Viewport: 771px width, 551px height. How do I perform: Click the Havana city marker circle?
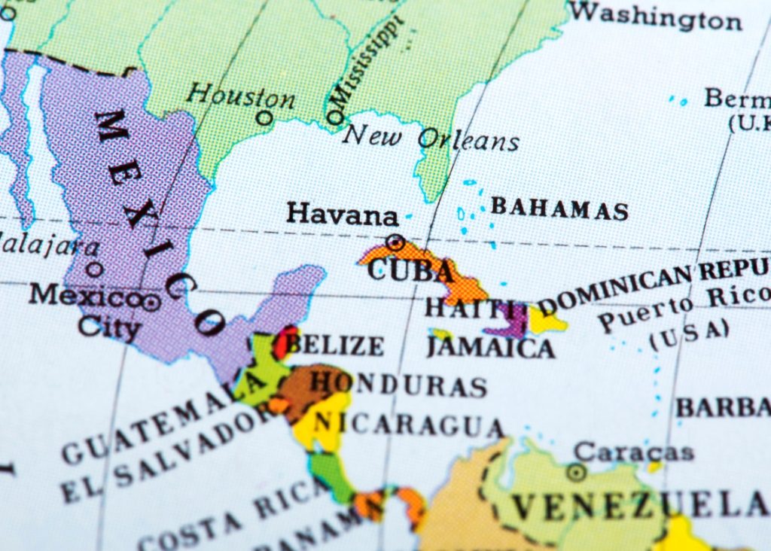click(x=395, y=242)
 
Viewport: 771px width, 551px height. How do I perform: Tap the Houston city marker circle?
click(x=264, y=117)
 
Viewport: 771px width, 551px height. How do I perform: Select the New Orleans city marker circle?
click(x=334, y=117)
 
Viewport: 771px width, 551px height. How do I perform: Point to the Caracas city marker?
click(x=577, y=472)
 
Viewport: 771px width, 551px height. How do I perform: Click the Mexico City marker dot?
click(x=151, y=303)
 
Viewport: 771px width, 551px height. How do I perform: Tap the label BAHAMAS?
click(x=559, y=209)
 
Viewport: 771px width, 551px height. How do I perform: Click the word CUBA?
click(x=410, y=270)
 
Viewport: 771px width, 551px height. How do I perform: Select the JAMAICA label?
click(x=490, y=347)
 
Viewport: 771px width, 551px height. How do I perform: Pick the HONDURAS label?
click(x=398, y=385)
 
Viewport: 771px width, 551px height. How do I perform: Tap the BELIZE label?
click(x=336, y=346)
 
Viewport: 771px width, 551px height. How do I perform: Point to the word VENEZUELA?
click(x=640, y=504)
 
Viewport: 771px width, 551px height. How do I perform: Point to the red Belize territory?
click(x=286, y=343)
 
